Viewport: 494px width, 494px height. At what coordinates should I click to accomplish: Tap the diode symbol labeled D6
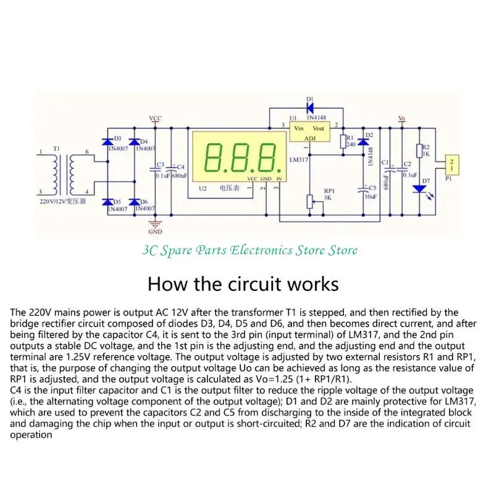click(x=132, y=202)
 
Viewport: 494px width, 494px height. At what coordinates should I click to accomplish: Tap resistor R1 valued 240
click(x=343, y=142)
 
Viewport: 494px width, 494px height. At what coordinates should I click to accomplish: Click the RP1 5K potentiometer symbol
click(x=310, y=201)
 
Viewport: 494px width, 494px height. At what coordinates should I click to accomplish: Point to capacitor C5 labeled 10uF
click(x=363, y=191)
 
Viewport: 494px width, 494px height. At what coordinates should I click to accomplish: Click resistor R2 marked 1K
click(x=420, y=151)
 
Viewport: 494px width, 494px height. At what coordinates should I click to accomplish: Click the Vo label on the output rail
click(x=402, y=118)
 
